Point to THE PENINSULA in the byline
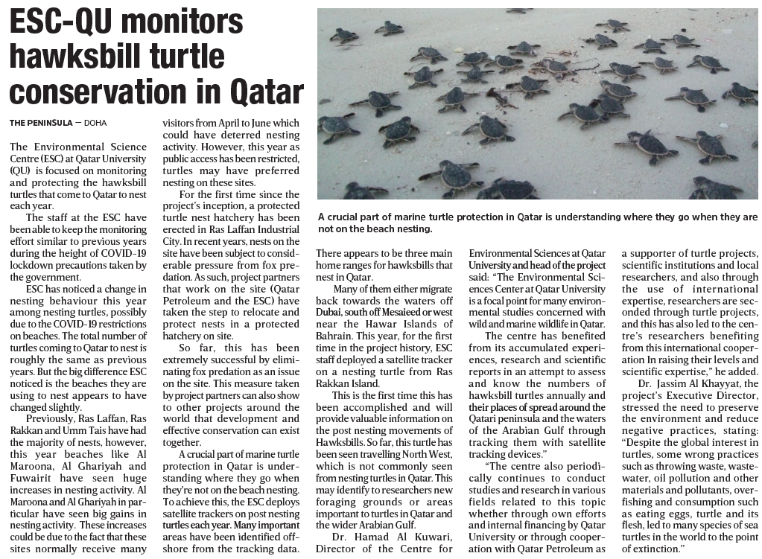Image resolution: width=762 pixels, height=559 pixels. coord(41,122)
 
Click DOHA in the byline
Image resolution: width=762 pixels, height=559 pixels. coord(96,122)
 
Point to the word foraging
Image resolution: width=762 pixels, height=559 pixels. coord(339,502)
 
